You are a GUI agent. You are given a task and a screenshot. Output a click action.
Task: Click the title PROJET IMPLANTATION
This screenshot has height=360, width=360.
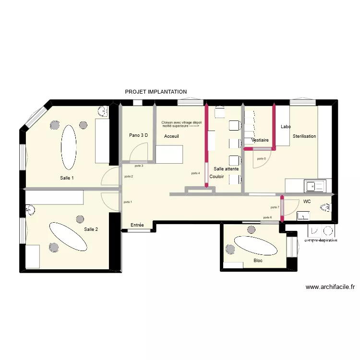(x=156, y=92)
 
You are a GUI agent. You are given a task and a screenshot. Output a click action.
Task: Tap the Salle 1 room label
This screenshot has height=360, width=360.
(x=67, y=178)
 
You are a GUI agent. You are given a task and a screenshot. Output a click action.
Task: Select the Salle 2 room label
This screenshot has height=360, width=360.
(x=91, y=229)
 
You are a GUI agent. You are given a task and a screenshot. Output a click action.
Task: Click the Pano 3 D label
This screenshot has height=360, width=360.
(x=138, y=135)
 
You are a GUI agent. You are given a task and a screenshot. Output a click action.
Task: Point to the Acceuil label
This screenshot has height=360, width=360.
(x=171, y=136)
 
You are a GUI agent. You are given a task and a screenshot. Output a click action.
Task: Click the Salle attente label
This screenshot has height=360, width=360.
(x=226, y=169)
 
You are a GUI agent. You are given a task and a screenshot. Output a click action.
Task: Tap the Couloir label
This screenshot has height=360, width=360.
(x=216, y=177)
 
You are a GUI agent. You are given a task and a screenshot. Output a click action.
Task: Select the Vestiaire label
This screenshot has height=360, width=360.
(x=260, y=140)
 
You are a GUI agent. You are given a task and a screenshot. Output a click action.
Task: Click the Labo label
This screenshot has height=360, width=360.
(x=286, y=127)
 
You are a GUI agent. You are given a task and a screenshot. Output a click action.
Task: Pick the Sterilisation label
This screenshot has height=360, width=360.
(x=304, y=136)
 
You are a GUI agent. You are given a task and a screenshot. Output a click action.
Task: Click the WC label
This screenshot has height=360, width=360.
(x=307, y=202)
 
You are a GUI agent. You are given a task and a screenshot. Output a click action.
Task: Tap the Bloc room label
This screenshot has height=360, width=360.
(x=258, y=261)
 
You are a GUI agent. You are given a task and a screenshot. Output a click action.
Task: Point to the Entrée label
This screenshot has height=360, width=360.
(x=137, y=225)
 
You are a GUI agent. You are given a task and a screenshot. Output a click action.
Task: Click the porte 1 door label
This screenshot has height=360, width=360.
(x=128, y=202)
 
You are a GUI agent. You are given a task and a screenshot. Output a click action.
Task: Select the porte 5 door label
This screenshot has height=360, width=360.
(x=261, y=159)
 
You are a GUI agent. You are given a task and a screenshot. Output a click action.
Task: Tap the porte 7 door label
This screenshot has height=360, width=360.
(x=275, y=207)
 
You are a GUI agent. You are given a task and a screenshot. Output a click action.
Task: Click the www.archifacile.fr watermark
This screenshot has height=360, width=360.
(x=330, y=287)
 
